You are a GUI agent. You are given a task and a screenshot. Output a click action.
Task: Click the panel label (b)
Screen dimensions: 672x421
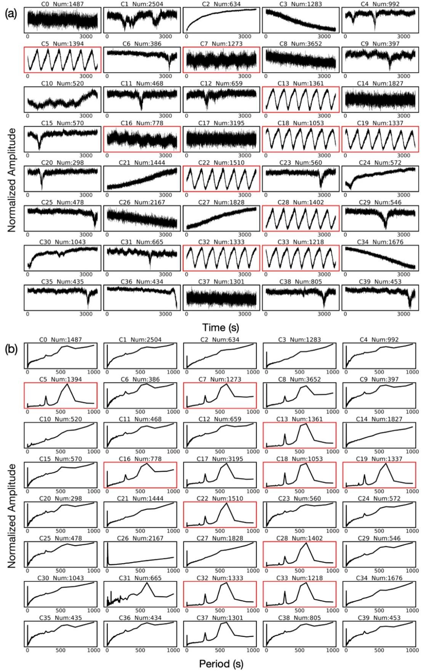click(x=11, y=349)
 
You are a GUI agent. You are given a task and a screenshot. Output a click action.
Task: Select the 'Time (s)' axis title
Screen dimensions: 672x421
click(x=221, y=327)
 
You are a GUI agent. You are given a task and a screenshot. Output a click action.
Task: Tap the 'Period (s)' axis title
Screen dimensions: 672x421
click(x=221, y=664)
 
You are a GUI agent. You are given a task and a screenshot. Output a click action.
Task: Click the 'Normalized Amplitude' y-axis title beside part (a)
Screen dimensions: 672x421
click(x=12, y=180)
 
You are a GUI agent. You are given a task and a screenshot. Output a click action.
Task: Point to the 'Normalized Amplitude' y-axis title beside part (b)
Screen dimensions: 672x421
click(x=12, y=516)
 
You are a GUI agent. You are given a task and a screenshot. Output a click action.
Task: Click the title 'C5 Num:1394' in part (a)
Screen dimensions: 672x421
click(x=62, y=44)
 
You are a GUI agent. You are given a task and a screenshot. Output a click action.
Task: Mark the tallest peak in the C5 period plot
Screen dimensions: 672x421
click(x=67, y=384)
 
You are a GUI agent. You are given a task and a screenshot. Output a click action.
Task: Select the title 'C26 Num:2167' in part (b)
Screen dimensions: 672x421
click(x=141, y=538)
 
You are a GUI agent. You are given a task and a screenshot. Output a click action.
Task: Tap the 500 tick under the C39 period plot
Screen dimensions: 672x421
click(x=379, y=650)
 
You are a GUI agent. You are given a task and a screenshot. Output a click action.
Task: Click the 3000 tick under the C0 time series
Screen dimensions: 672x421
click(x=86, y=37)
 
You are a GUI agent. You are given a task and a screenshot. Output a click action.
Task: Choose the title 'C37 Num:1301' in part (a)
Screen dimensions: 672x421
click(x=221, y=282)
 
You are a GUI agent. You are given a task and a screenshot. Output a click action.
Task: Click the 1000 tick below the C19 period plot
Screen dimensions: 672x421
click(x=412, y=492)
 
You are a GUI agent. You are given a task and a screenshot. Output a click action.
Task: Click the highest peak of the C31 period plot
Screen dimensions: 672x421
click(x=147, y=583)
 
